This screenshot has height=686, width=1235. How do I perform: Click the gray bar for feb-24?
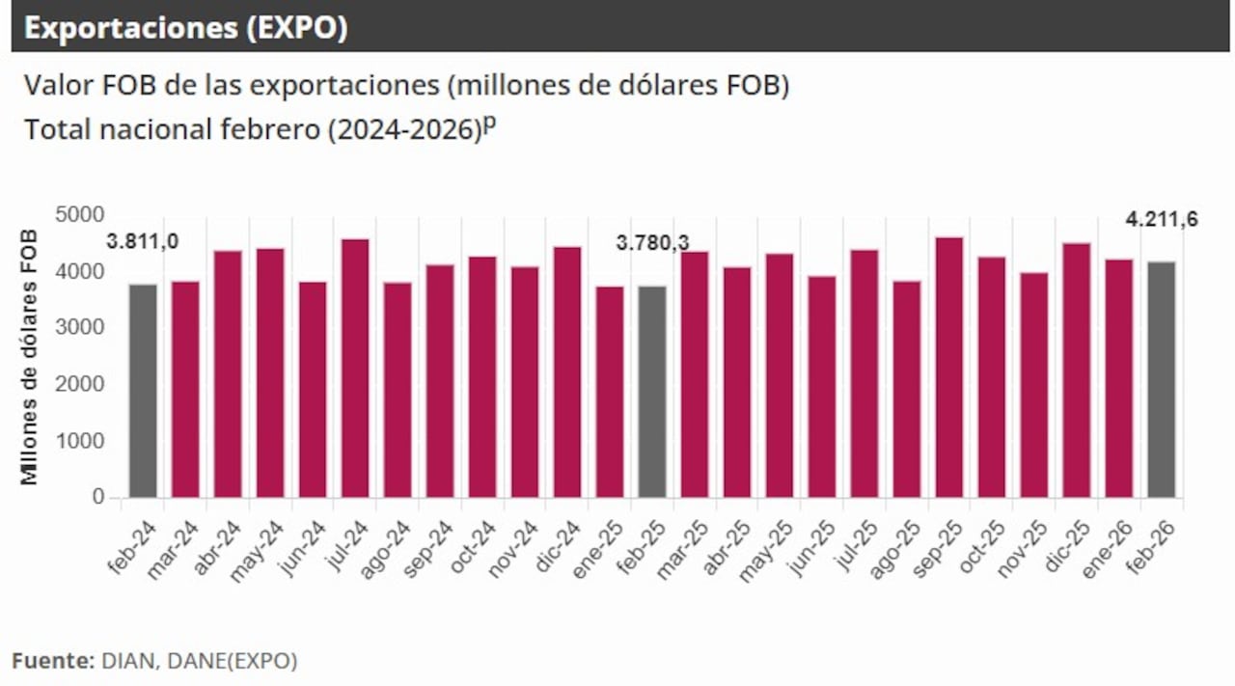click(x=143, y=391)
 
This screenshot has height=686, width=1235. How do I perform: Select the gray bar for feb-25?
click(x=652, y=392)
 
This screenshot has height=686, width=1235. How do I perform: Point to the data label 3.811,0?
click(x=143, y=242)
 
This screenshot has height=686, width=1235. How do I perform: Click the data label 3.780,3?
click(x=653, y=243)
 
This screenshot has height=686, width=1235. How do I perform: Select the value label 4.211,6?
click(x=1162, y=220)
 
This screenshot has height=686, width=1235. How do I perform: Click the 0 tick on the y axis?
click(x=98, y=498)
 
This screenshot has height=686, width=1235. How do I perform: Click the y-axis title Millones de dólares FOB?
click(x=30, y=357)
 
